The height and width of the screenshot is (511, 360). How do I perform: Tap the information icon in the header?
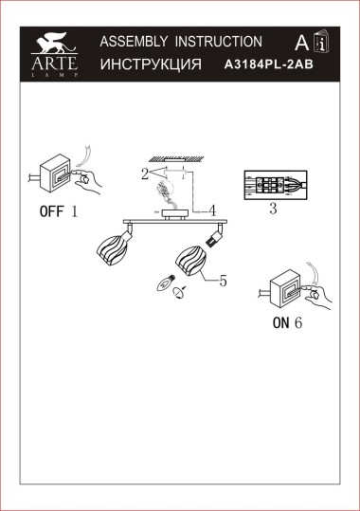pos(321,44)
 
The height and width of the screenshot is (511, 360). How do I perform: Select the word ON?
pos(280,322)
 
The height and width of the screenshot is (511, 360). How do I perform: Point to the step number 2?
pos(144,174)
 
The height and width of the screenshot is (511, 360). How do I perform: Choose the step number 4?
pos(213,210)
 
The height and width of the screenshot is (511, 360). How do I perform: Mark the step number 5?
pos(224,280)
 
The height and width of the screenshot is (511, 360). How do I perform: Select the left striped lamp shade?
pos(112,254)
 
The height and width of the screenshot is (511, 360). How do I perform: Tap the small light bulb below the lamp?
pos(164,281)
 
